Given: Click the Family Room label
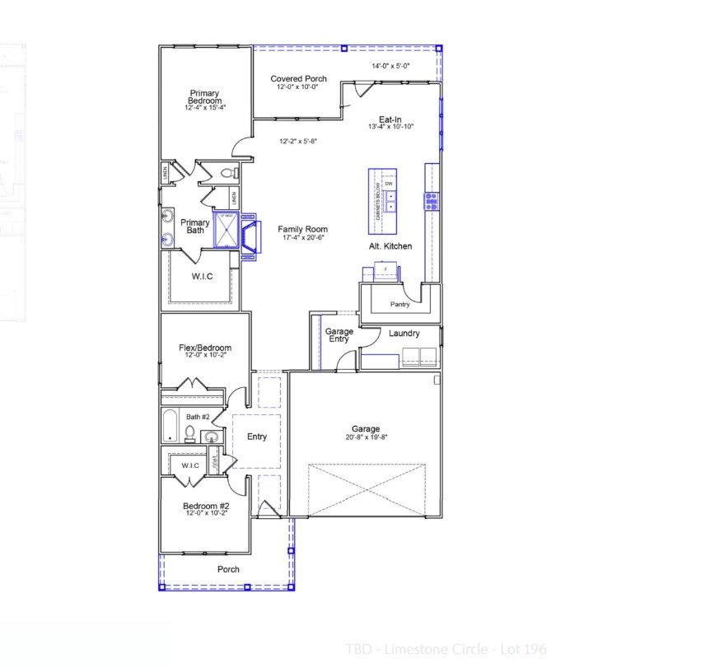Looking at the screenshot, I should point(302,230).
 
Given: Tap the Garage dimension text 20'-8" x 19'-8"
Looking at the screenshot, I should point(366,437).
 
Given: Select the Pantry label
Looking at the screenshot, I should point(399,305).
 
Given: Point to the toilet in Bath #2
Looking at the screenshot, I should point(189,433).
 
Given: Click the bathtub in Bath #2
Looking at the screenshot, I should point(170,426).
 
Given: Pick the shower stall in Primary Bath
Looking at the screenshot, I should point(226,230).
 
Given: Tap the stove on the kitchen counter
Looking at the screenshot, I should point(431,201).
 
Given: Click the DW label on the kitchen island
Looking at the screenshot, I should point(389,183).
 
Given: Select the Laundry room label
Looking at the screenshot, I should point(404,334).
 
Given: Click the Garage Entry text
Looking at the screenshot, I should point(339,335).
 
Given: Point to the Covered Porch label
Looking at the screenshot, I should point(299,79).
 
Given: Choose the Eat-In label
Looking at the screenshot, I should point(390,119).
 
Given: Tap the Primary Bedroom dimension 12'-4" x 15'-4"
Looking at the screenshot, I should point(205,107).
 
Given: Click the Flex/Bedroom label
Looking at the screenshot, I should point(205,348).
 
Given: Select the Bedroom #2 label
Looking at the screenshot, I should point(205,505).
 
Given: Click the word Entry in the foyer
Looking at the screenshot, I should point(257,437).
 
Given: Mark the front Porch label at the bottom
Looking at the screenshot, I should point(228,569).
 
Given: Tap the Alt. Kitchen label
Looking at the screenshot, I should point(390,246).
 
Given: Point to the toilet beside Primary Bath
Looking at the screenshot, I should point(228,174).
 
